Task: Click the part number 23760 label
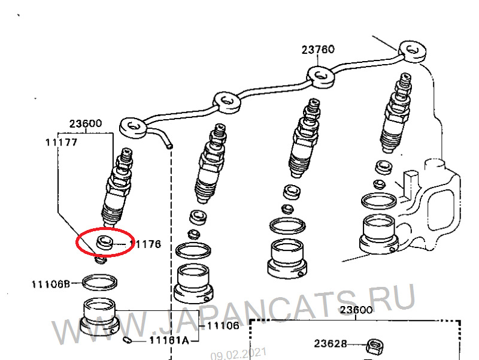point(318,50)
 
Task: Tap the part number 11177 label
point(62,143)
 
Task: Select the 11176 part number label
point(145,244)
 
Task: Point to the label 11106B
point(51,285)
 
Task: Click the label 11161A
point(169,340)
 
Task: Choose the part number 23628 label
point(331,344)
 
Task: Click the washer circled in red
point(104,243)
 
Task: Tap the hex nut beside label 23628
point(375,347)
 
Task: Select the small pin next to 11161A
point(128,340)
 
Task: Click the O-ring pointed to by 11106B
point(99,282)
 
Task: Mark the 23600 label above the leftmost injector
point(85,124)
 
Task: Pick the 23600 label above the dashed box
point(356,310)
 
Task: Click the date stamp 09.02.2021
point(238,353)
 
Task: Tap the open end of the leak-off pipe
point(169,146)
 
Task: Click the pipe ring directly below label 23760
point(320,77)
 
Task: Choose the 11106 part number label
point(223,326)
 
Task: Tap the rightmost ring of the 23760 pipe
point(413,51)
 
